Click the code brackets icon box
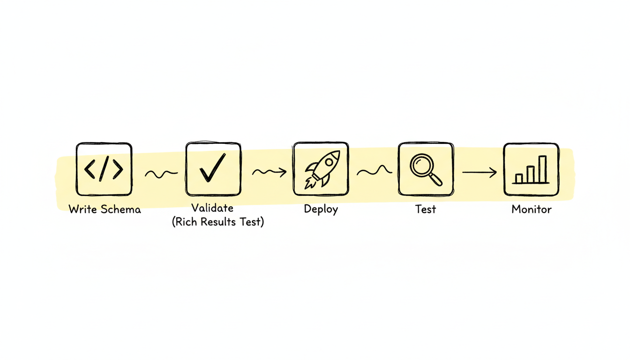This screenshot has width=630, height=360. click(104, 169)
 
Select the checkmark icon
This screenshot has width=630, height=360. click(213, 169)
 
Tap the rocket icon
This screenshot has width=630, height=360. click(321, 169)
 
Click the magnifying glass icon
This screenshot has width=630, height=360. click(426, 169)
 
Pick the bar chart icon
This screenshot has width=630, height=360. click(531, 169)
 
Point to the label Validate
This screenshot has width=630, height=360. click(212, 208)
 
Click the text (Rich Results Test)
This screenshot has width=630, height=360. click(217, 222)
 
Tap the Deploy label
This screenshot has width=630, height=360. click(321, 209)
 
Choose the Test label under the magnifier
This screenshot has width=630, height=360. click(426, 209)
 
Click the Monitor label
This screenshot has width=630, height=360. click(532, 209)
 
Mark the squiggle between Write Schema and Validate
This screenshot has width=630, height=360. click(161, 174)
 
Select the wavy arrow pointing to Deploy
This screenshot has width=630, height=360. click(269, 173)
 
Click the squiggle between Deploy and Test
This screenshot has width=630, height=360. click(374, 172)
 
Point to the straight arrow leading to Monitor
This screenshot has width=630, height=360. click(479, 172)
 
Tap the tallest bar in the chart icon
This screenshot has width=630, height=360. click(542, 169)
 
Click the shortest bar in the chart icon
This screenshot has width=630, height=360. click(519, 179)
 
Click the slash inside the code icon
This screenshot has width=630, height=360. click(104, 169)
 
